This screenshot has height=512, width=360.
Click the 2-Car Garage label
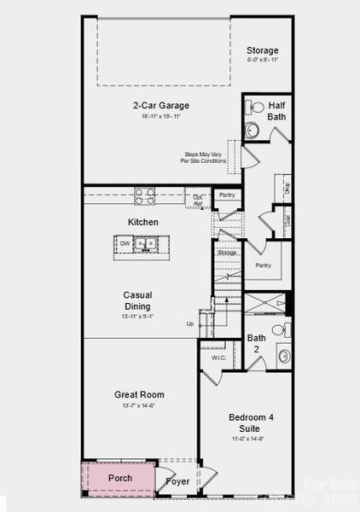point(160,106)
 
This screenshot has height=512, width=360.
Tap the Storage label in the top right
point(262,50)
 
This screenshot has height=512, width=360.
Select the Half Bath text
point(276,110)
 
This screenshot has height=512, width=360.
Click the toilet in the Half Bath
point(256,108)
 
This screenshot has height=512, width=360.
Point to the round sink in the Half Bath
point(252,130)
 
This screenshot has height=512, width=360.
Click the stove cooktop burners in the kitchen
point(144,195)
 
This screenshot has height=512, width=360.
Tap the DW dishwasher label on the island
point(125,243)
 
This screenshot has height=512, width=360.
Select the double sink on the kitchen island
point(148,244)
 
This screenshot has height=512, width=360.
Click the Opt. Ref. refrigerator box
point(198,200)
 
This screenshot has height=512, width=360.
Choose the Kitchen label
point(143,222)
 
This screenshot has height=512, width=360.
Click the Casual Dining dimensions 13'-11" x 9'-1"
point(137,317)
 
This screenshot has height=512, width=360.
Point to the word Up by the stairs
point(191,324)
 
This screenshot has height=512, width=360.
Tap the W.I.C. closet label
point(218,358)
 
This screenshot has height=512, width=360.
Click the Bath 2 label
point(257,343)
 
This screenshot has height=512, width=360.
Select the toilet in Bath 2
point(278,329)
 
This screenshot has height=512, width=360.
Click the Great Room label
point(139,395)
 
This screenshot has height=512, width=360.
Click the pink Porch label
point(120,478)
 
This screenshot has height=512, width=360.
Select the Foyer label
point(177,482)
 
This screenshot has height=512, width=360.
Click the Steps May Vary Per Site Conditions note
point(204,157)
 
